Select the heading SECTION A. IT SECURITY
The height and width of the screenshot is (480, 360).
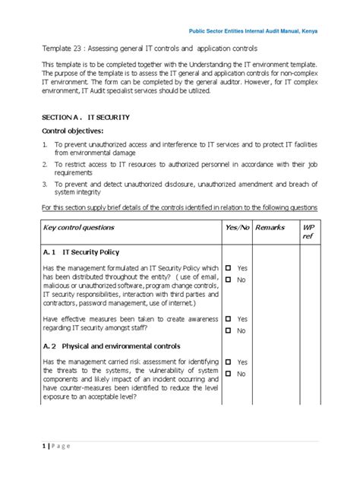pyautogui.click(x=85, y=118)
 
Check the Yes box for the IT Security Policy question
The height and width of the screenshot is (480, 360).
pyautogui.click(x=228, y=269)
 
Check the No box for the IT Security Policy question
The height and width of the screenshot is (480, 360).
pyautogui.click(x=228, y=281)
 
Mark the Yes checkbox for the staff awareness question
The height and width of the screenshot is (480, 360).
pyautogui.click(x=228, y=319)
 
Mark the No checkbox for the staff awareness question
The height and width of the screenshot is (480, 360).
pyautogui.click(x=228, y=332)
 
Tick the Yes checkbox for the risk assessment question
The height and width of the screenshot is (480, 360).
pyautogui.click(x=228, y=363)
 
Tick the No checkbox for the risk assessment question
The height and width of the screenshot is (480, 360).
pyautogui.click(x=228, y=375)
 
